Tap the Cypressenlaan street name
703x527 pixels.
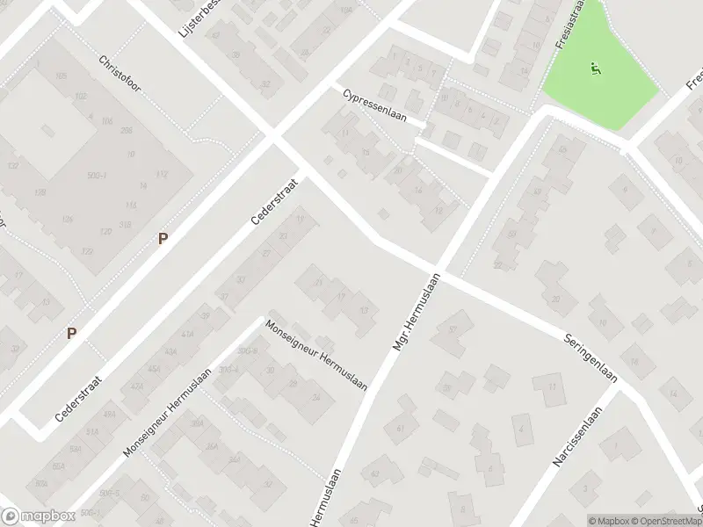pyautogui.click(x=374, y=106)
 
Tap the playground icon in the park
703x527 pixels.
pyautogui.click(x=595, y=68)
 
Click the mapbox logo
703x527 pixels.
pyautogui.click(x=38, y=516)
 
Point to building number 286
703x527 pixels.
pyautogui.click(x=126, y=130)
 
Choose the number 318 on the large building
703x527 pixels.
pyautogui.click(x=126, y=224)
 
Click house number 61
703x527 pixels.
pyautogui.click(x=400, y=429)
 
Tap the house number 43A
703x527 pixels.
pyautogui.click(x=185, y=335)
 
